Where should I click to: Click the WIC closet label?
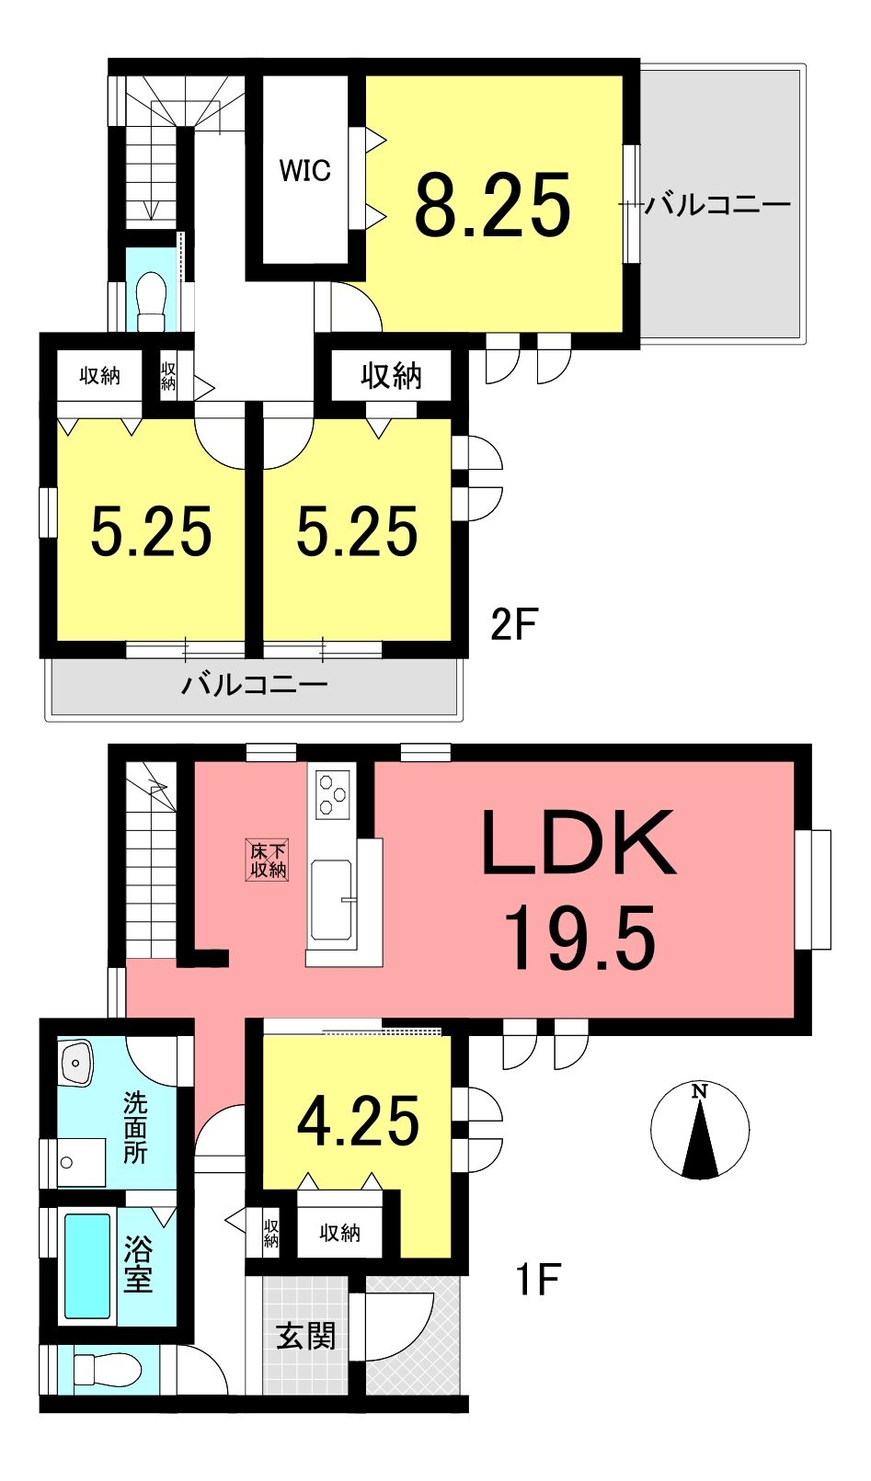tap(304, 171)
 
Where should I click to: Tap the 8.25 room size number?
tap(493, 204)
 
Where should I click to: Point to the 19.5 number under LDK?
tap(580, 938)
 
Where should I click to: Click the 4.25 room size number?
tap(358, 1122)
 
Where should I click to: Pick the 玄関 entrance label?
tap(305, 1336)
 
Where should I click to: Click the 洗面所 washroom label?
tap(135, 1129)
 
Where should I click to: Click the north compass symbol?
tap(700, 1130)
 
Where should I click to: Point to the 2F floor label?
tap(512, 625)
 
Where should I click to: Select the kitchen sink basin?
tap(331, 898)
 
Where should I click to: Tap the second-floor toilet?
tap(151, 301)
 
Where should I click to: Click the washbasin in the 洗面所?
tap(77, 1063)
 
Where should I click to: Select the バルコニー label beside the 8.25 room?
tap(716, 204)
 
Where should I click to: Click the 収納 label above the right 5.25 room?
tap(391, 376)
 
